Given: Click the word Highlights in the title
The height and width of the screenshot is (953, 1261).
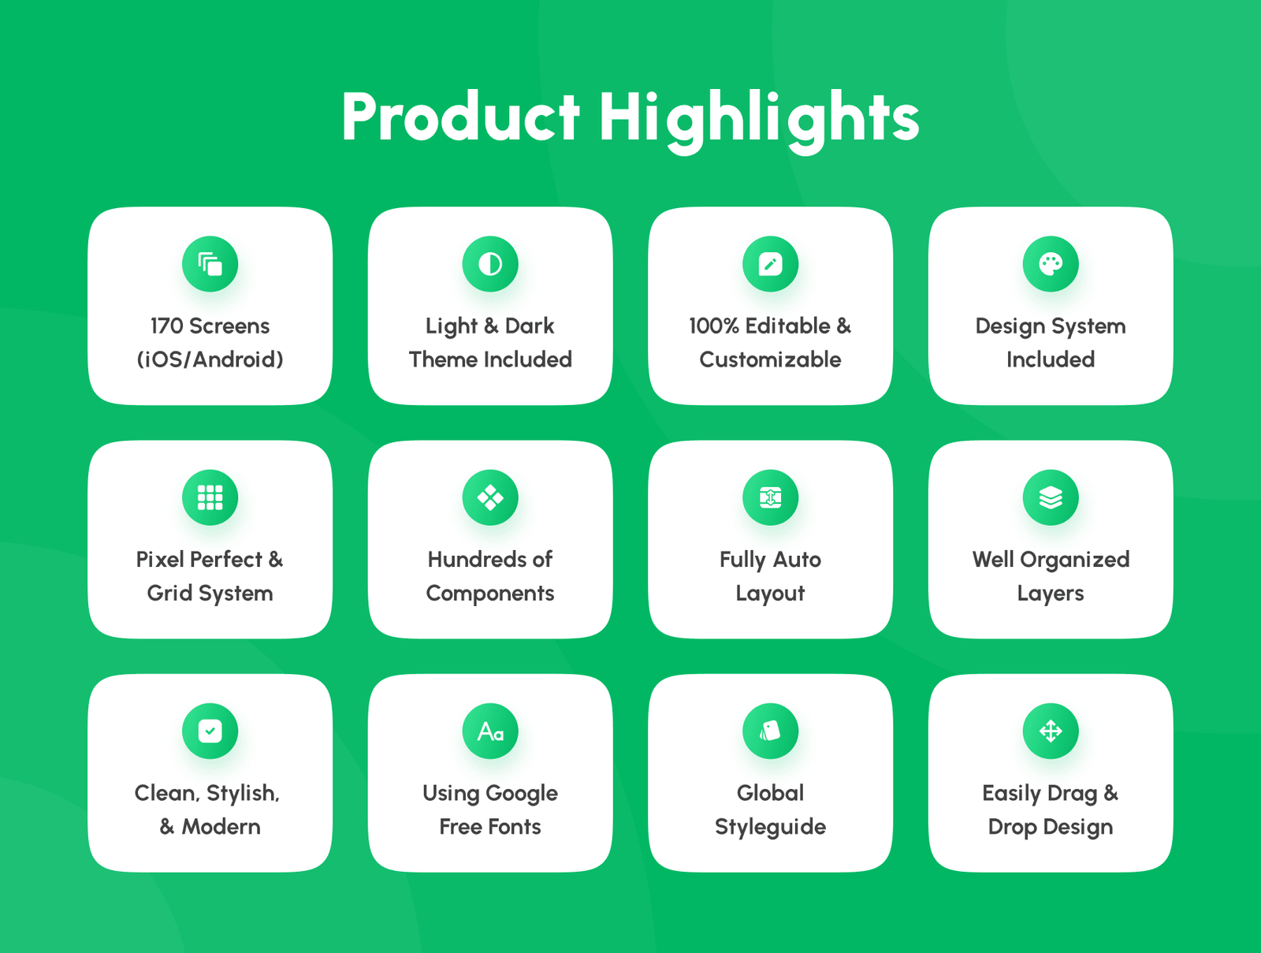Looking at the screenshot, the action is click(759, 121).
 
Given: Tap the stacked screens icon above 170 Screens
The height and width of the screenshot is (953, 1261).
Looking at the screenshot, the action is click(210, 264).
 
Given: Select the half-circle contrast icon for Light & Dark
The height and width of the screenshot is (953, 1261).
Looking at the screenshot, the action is click(490, 264).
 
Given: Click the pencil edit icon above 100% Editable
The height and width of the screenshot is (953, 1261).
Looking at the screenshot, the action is click(770, 264).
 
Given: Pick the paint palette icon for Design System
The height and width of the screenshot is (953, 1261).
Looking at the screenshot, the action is click(1051, 264).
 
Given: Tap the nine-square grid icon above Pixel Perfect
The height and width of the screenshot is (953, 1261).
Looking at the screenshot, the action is click(210, 497).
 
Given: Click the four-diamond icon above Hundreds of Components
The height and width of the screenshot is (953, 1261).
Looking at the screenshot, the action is click(490, 497).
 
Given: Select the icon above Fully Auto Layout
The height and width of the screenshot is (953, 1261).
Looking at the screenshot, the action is click(770, 497).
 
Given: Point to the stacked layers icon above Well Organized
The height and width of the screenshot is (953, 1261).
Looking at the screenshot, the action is click(1051, 497).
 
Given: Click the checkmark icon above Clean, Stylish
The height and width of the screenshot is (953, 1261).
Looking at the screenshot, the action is click(210, 732).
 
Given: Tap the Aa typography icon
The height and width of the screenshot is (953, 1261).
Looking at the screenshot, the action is click(490, 732).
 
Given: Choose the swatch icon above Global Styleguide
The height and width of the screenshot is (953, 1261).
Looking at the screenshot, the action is click(770, 732).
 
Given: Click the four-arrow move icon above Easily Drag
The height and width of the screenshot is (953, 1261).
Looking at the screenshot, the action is click(1051, 732).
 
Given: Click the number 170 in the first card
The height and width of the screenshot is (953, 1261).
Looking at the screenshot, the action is click(166, 326).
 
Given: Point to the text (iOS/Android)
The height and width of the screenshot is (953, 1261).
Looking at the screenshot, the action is click(210, 359).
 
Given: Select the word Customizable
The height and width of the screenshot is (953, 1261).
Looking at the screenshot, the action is click(770, 359).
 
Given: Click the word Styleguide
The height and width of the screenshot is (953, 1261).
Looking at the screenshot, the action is click(770, 828).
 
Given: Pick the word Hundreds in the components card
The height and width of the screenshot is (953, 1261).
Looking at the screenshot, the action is click(471, 560).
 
